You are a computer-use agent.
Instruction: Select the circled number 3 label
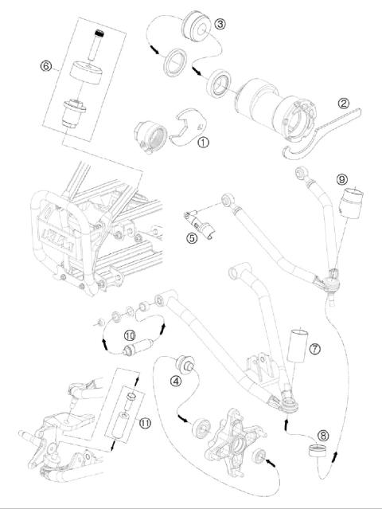coord(220,24)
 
